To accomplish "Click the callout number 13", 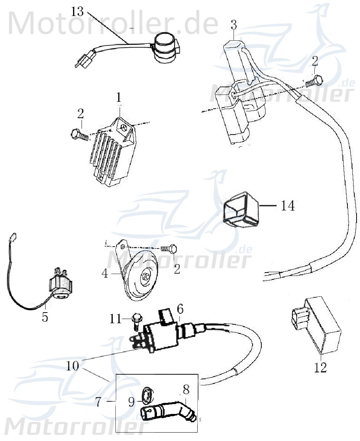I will (77, 11).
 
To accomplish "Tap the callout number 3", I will (234, 26).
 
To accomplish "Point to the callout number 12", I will (321, 368).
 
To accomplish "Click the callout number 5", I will (45, 317).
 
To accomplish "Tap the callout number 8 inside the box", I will (186, 390).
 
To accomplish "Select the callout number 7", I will (99, 402).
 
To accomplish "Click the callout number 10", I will (73, 366).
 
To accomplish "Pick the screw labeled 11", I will (136, 321).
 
